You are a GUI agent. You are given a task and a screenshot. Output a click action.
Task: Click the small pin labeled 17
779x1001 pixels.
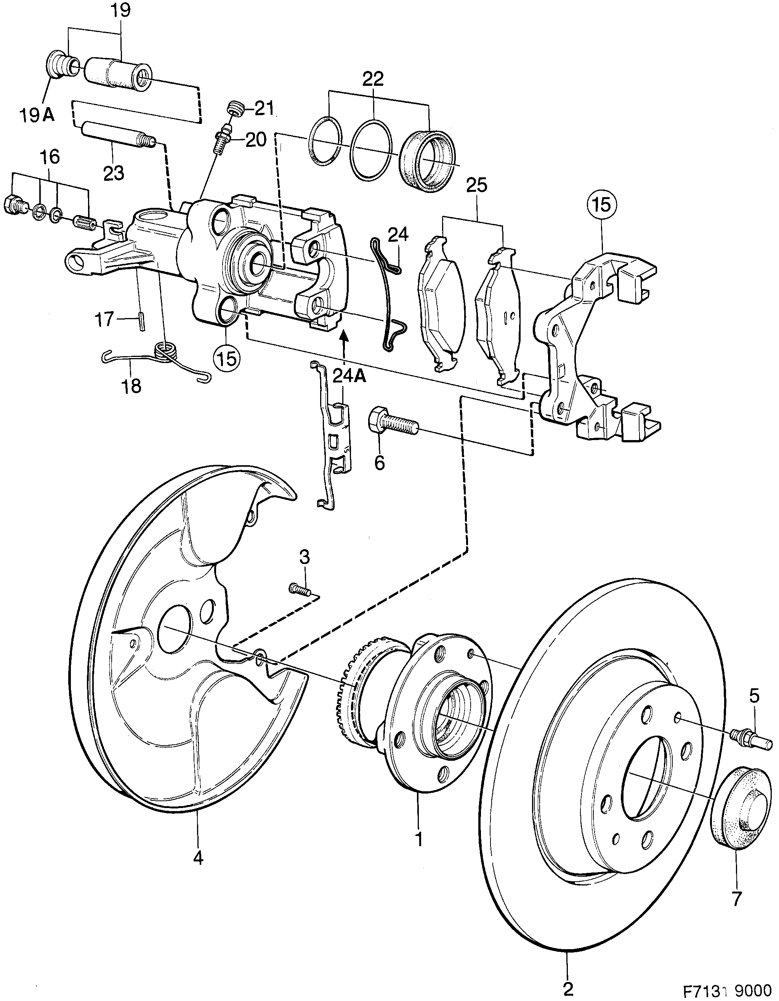(x=143, y=320)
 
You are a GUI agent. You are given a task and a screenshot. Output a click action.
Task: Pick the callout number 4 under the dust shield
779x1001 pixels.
(x=198, y=858)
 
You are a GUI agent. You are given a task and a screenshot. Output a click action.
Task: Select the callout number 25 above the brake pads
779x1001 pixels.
(x=476, y=186)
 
